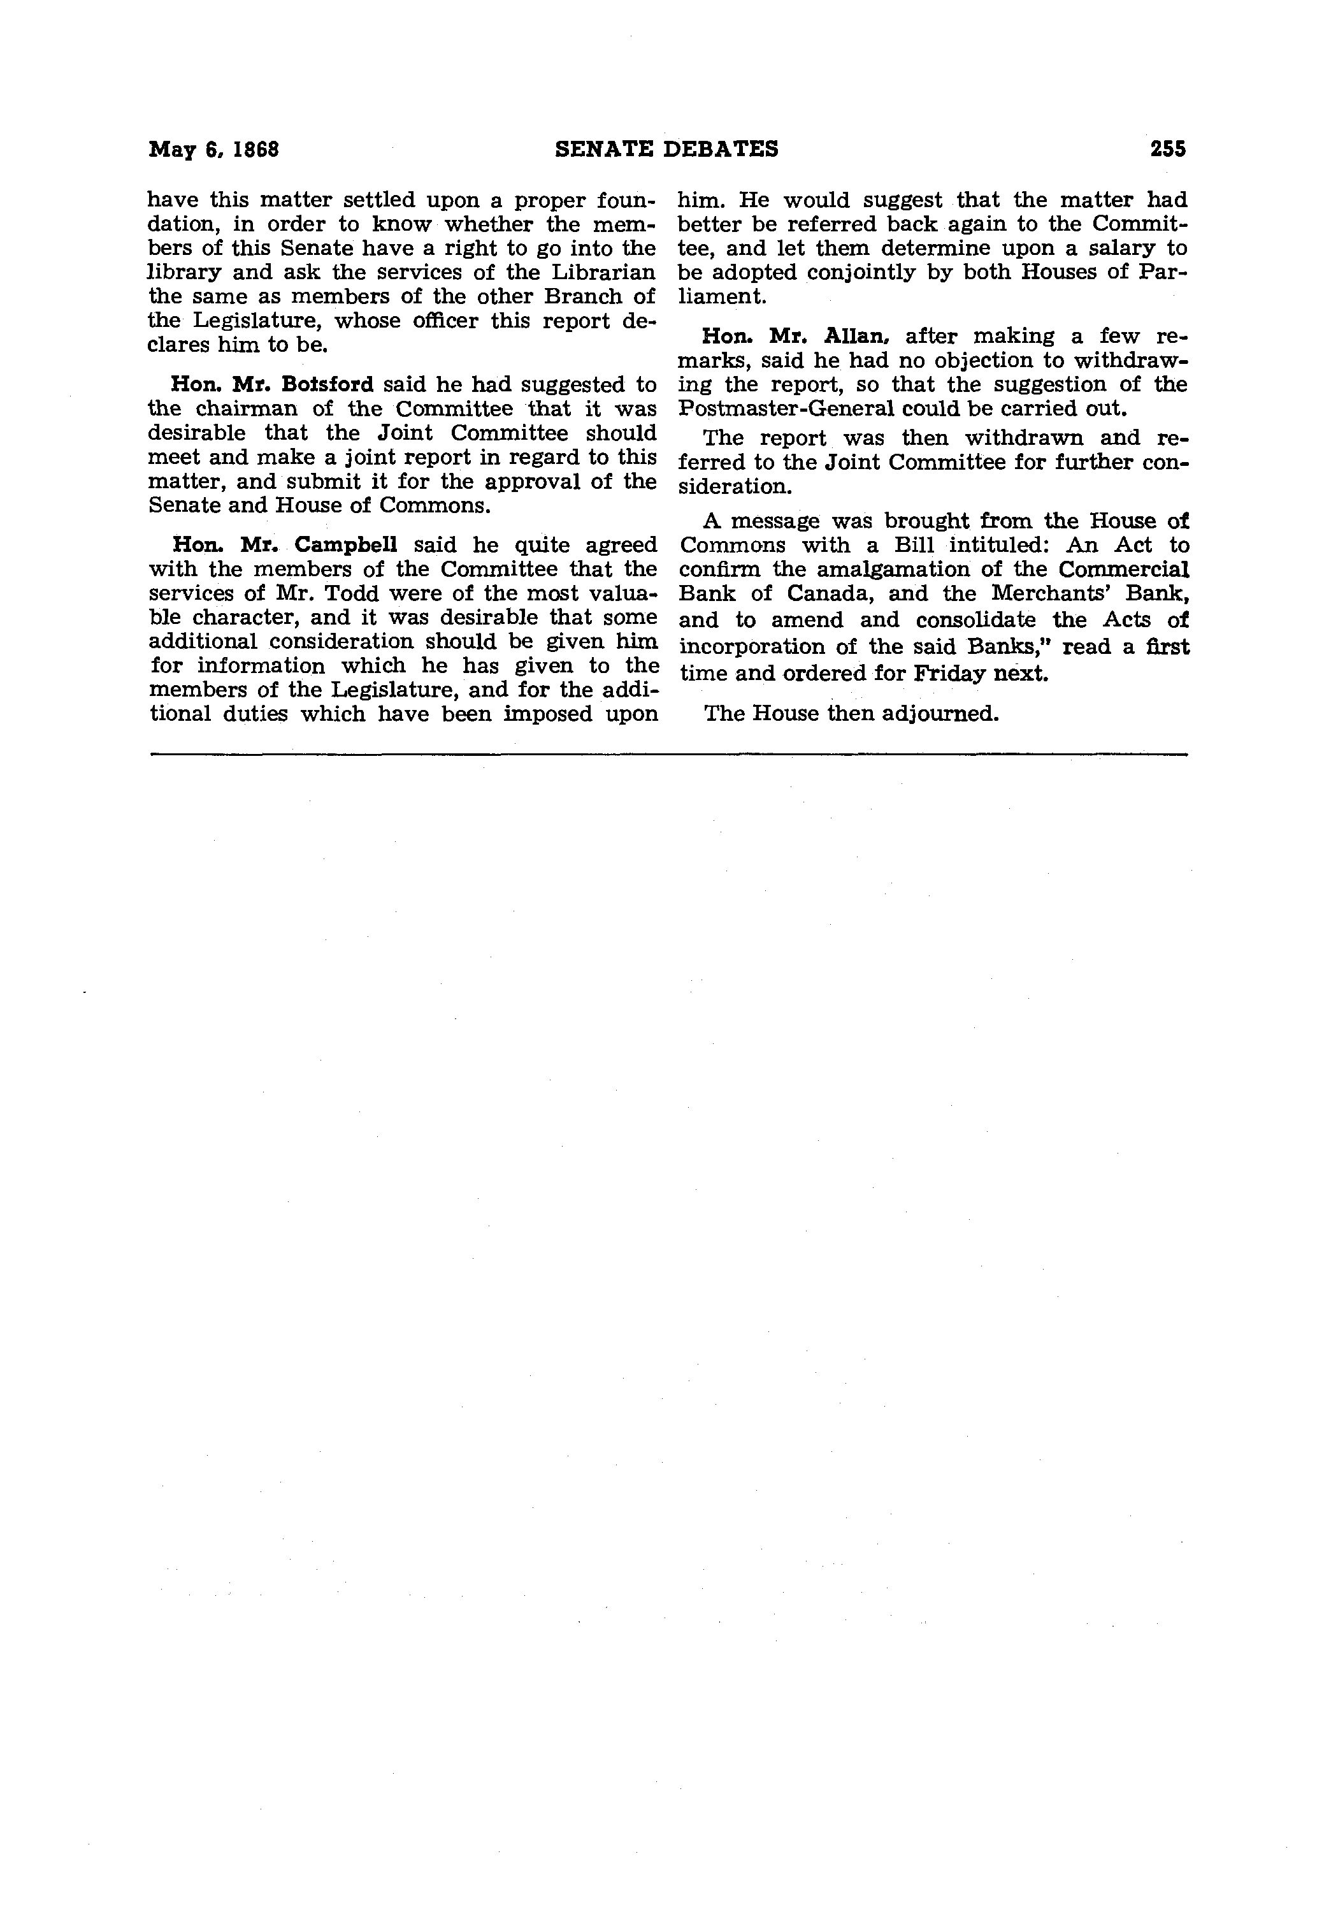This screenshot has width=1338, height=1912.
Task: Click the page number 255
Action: coord(1167,149)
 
